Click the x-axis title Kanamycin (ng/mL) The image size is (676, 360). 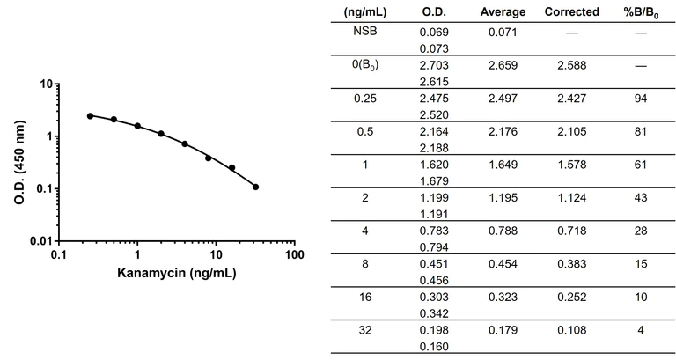176,272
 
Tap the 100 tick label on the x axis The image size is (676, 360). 296,255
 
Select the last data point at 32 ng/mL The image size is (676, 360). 256,187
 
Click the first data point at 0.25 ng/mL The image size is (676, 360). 90,115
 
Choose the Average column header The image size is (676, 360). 503,12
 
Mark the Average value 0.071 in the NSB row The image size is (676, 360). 503,32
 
